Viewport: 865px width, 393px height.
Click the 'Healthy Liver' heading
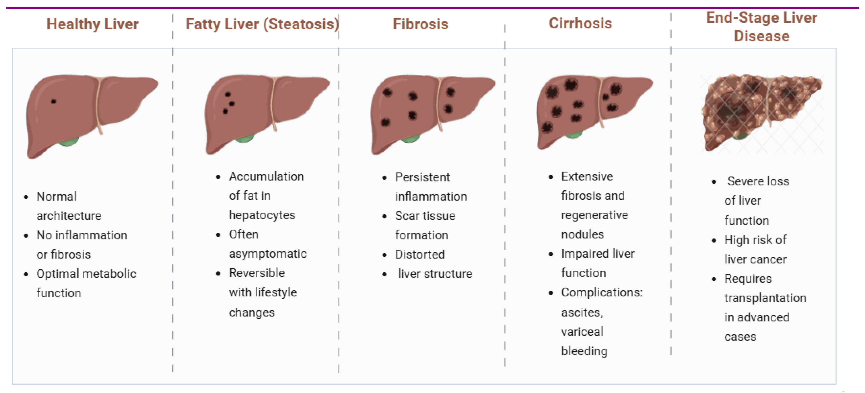[92, 24]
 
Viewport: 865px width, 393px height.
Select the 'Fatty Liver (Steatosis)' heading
[262, 24]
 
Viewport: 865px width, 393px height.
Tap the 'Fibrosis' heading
[420, 24]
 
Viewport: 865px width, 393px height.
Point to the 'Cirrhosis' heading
[580, 24]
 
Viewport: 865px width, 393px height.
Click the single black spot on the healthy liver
[53, 101]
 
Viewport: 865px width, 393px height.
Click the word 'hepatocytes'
[262, 215]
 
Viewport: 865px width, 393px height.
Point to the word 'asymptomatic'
[268, 254]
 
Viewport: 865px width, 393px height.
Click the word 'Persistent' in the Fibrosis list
[422, 177]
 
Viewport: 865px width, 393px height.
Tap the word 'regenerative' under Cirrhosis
[594, 215]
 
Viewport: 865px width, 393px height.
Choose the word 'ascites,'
[582, 313]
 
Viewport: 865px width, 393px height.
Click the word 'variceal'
[582, 332]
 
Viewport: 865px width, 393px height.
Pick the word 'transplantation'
[765, 298]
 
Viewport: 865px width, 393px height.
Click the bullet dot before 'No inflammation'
[26, 236]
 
